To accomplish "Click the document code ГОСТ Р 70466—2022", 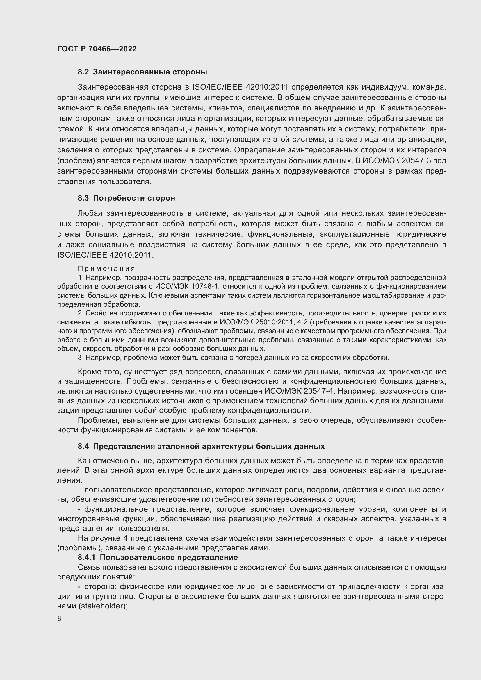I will coord(97,49).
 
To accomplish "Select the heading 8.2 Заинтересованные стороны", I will coord(142,72).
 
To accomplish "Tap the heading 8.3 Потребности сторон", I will coord(126,198).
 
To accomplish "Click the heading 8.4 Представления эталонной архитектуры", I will coord(201,446).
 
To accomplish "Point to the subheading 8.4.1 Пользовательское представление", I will coord(158,557).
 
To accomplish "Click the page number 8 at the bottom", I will coord(59,619).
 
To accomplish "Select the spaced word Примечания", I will coord(106,269).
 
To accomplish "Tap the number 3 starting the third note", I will coord(80,358).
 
